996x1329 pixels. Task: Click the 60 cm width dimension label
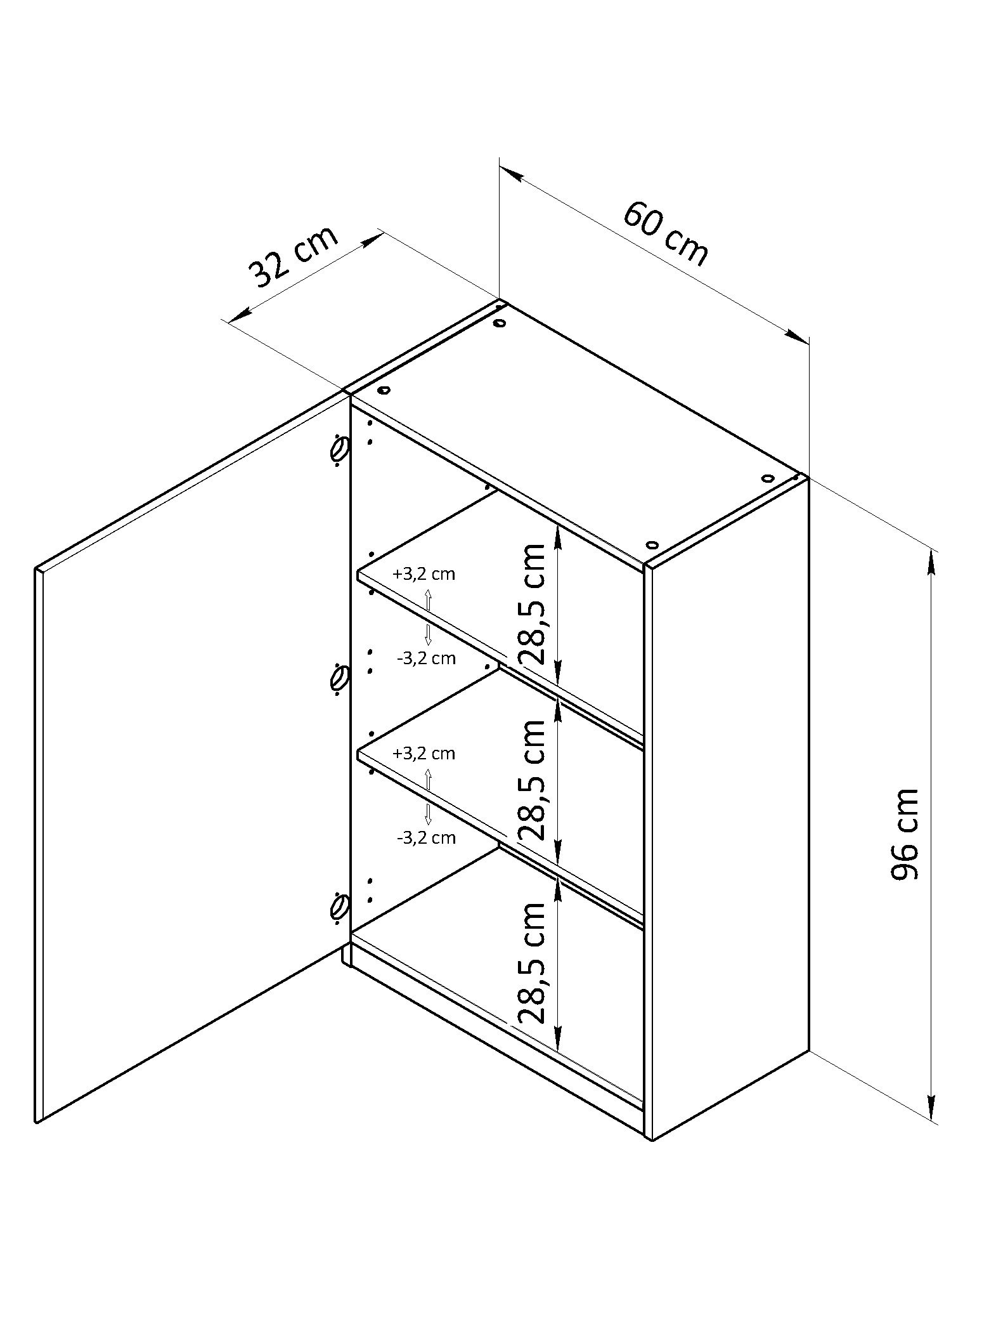point(665,234)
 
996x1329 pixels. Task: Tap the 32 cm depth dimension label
point(293,256)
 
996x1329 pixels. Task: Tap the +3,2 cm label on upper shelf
point(424,574)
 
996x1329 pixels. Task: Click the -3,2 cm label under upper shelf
point(426,658)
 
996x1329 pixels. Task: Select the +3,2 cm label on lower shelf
point(424,754)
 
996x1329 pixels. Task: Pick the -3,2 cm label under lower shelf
point(426,838)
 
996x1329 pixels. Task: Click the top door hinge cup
point(339,449)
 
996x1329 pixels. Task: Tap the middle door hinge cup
point(339,678)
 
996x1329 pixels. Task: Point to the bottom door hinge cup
point(339,905)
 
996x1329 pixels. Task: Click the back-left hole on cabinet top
point(500,324)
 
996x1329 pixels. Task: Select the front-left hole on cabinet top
point(384,391)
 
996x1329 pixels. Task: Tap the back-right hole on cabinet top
point(768,478)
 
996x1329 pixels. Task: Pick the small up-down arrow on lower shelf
point(428,796)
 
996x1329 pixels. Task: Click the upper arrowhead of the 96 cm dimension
point(931,561)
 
